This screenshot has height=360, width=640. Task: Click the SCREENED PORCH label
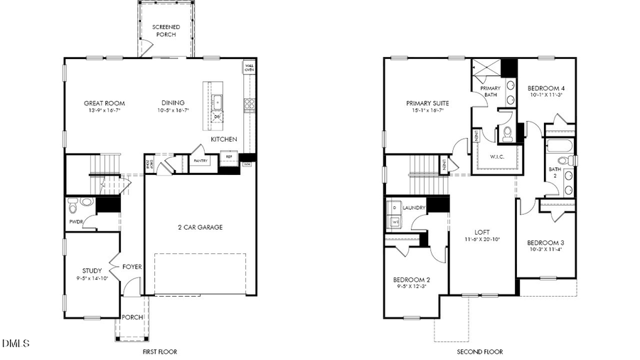coord(166,31)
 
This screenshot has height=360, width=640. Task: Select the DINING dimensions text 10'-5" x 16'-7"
coord(172,110)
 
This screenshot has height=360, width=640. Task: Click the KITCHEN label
coord(223,139)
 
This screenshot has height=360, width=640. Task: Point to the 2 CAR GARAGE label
coord(200,228)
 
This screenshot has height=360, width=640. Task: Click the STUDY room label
coord(92,270)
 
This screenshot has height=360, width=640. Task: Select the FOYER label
coord(132,267)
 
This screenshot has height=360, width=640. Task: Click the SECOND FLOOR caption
coord(479,351)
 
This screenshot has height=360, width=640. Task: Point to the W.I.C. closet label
coord(496,157)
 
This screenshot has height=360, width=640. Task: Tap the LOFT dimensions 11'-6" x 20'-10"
coord(482,239)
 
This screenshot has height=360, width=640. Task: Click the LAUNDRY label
coord(414,208)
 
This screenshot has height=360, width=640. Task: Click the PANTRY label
coord(201,161)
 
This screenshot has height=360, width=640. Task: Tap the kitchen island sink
coord(218,102)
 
